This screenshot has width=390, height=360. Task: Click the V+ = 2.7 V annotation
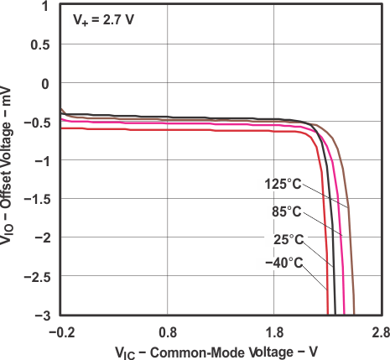(x=102, y=17)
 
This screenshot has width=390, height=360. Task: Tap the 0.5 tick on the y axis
(x=37, y=44)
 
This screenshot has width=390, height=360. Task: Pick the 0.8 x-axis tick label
(x=168, y=331)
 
